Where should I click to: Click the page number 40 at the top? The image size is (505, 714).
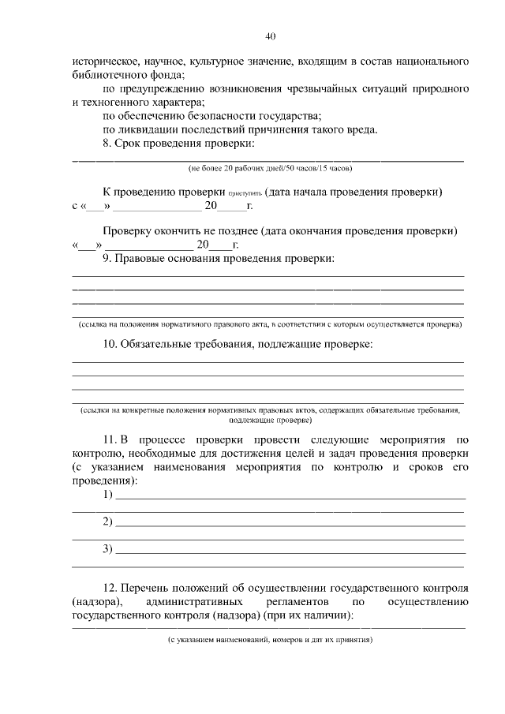click(270, 36)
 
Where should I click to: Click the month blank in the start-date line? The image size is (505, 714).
click(158, 207)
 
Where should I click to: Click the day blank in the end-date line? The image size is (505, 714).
click(88, 245)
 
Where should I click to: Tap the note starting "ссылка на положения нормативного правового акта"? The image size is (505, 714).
click(269, 324)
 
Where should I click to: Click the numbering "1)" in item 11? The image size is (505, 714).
click(108, 495)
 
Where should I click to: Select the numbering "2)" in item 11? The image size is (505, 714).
click(108, 522)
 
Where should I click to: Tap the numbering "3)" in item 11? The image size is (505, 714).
click(108, 549)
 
